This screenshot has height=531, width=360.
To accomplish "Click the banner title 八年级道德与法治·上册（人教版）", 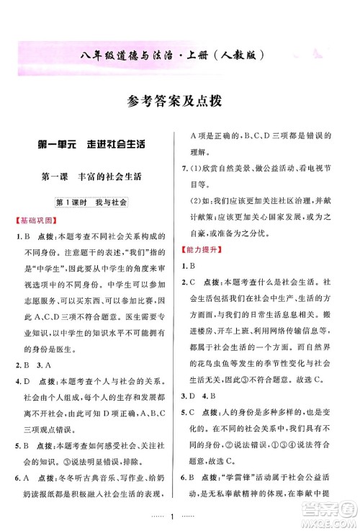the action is click(x=180, y=54).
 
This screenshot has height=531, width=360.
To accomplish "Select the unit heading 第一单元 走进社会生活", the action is click(x=91, y=143).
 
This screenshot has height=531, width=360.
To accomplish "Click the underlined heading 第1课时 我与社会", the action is click(x=91, y=203).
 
